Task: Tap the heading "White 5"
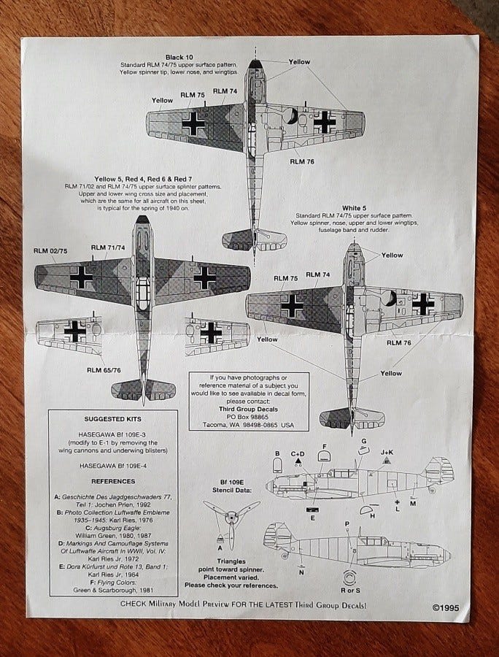(354, 207)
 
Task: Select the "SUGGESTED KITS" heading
(113, 420)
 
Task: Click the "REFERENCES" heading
(113, 481)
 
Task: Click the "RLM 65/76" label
(104, 370)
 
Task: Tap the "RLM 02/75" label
(50, 251)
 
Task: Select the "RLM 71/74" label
(108, 248)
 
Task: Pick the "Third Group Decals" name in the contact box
(248, 409)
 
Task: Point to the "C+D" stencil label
(298, 453)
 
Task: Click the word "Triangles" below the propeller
(231, 560)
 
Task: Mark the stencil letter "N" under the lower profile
(301, 573)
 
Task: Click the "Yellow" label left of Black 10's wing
(162, 100)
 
